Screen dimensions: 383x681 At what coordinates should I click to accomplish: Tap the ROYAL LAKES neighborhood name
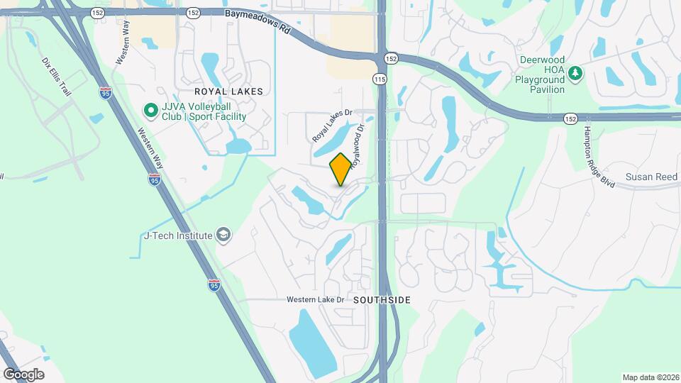click(x=228, y=91)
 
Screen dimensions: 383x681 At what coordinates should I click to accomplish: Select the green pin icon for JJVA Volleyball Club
click(x=150, y=111)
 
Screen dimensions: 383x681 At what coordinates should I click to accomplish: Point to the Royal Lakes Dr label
click(x=332, y=125)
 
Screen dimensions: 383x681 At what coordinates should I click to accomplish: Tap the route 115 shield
click(x=381, y=79)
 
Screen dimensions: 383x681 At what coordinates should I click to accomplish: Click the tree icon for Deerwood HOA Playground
click(x=577, y=72)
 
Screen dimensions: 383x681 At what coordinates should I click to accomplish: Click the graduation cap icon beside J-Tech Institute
click(x=223, y=235)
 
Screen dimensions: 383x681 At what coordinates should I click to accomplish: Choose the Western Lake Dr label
click(x=315, y=300)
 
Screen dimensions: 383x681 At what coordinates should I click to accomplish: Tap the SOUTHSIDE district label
click(x=382, y=300)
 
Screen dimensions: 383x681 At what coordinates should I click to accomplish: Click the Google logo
click(x=23, y=374)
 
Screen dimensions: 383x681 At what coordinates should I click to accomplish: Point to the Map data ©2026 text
click(x=650, y=377)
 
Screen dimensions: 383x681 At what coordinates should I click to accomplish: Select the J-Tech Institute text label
click(x=178, y=235)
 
